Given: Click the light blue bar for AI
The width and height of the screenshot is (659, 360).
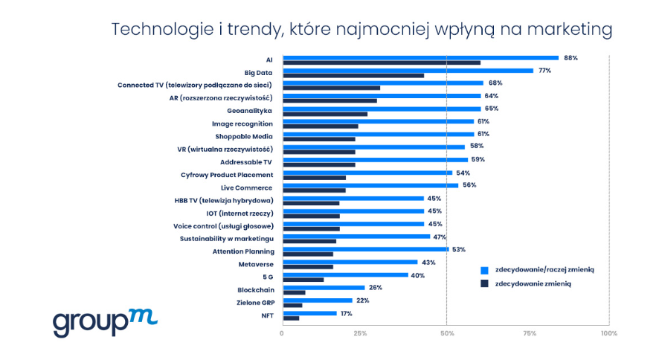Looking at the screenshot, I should coord(421,57).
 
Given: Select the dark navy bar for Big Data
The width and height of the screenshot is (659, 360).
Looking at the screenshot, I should coord(354,75).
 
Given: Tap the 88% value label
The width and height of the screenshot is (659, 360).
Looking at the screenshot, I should coord(570,57).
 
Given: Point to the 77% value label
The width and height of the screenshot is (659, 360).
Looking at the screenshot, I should coord(544,70).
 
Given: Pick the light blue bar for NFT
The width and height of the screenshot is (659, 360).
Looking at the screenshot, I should coord(310,313).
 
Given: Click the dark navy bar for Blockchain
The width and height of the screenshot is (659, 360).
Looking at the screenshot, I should coord(295,292).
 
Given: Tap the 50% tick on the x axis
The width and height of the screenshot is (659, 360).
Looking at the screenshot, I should coord(446,334).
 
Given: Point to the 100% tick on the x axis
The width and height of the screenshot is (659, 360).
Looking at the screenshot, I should coord(609,334).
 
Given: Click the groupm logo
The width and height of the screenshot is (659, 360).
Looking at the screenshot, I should coord(104,321).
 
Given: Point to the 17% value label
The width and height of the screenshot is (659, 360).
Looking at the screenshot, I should coord(345,313).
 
